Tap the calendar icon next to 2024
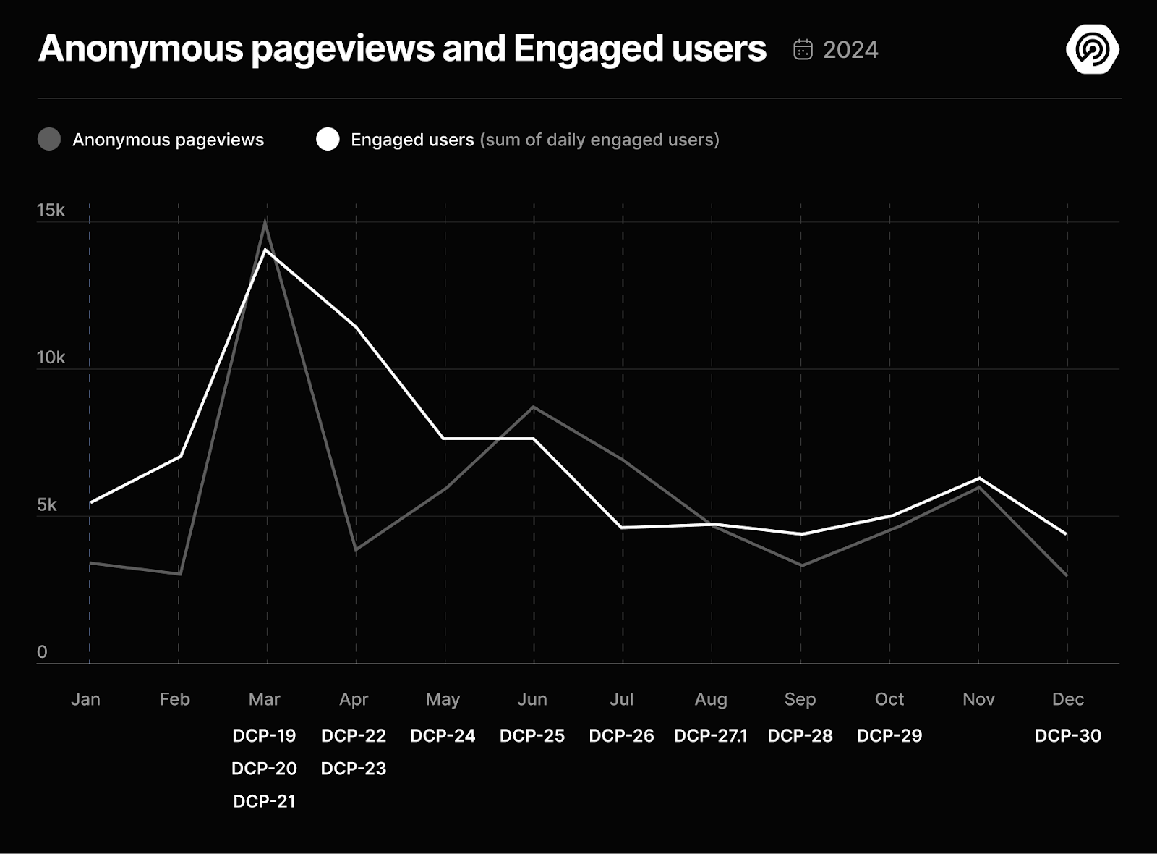point(803,49)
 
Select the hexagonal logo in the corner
point(1092,49)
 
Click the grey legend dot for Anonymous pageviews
point(49,139)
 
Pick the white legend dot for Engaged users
point(328,139)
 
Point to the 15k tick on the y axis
point(51,211)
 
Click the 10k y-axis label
point(51,358)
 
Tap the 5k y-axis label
point(47,504)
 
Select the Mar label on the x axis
point(264,699)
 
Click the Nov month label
point(978,699)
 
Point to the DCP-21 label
point(264,801)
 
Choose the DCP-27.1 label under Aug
point(710,736)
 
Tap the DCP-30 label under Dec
point(1067,736)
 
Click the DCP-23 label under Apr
point(354,769)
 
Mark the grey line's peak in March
point(265,221)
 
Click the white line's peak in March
point(267,250)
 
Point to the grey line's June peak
point(534,407)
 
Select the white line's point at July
point(623,528)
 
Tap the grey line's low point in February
point(179,574)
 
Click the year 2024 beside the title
point(850,49)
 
